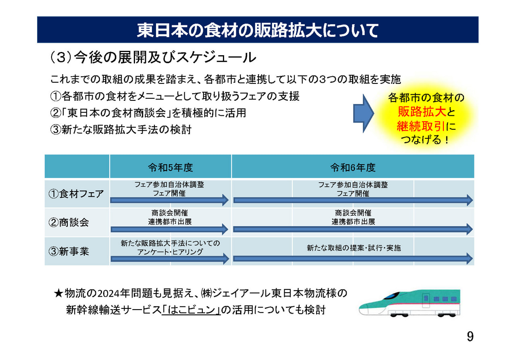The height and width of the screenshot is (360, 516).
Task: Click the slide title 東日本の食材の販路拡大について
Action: point(258,30)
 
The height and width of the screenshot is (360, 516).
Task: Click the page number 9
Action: point(470,336)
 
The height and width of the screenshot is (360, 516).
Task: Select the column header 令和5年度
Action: point(171,167)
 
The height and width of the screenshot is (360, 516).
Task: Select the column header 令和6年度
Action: point(353,167)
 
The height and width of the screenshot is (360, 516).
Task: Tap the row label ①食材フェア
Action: point(76,194)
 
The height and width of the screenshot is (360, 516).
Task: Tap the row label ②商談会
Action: point(69,223)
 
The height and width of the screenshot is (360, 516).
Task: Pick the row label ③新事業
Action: point(69,251)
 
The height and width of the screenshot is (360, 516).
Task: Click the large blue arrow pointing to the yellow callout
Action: point(364,113)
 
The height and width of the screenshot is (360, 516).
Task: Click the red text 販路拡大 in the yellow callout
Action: point(422,112)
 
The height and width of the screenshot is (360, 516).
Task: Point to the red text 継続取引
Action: point(421,126)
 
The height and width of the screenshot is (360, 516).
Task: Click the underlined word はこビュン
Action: point(191,310)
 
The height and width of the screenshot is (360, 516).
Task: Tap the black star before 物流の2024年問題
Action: point(58,293)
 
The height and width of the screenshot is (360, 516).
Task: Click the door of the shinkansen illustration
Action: point(426,300)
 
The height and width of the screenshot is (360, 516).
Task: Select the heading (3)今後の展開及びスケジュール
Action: point(153,57)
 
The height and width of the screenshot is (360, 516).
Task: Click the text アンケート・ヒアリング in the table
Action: point(170,252)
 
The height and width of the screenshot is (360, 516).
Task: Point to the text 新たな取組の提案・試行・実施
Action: point(354,248)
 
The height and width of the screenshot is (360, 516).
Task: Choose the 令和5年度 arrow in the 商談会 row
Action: point(170,229)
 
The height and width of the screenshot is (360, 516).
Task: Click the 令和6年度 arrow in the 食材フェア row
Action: point(353,200)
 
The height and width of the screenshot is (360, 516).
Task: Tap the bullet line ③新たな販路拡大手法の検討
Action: point(121,130)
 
